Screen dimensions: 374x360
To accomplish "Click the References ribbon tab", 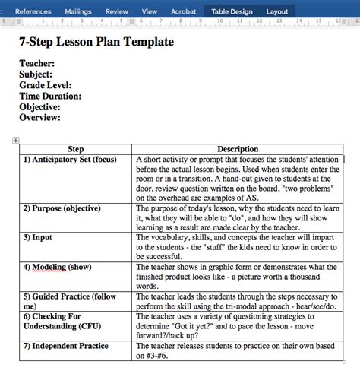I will (33, 11).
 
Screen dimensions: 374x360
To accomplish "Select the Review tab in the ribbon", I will (116, 11).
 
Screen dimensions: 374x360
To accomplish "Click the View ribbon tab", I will (150, 11).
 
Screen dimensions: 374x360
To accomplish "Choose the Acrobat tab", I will (182, 11).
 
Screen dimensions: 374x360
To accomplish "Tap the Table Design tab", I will (232, 11).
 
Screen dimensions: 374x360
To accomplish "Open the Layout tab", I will (277, 11).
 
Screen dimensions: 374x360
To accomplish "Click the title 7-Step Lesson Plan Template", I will (96, 43).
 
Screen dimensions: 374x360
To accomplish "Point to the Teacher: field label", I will (37, 64).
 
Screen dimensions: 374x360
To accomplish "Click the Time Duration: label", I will (50, 96).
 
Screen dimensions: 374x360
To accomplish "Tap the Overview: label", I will (39, 117).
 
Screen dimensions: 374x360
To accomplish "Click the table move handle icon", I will (15, 140).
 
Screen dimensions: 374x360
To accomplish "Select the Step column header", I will (76, 149).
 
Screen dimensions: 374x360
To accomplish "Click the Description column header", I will (238, 149).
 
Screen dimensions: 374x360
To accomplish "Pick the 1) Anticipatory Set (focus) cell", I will (69, 160).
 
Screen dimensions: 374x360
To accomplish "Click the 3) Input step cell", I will (37, 237).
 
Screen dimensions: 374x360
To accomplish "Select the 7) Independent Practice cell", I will (65, 346).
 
